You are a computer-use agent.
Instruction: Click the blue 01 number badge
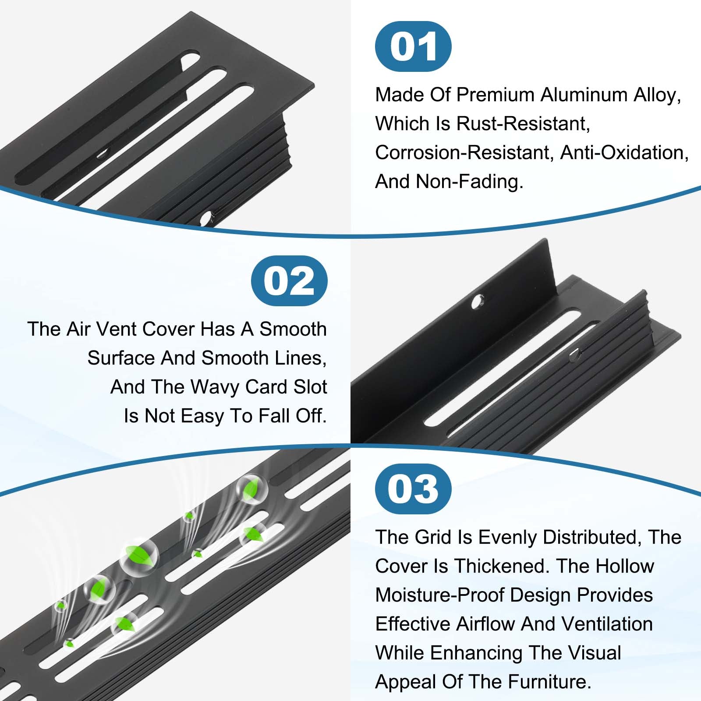pos(413,46)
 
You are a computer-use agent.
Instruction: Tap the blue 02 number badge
pos(289,281)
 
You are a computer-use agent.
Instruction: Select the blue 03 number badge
pos(413,489)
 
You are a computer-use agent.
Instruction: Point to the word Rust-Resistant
pos(523,124)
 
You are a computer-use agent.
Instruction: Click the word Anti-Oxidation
pos(624,153)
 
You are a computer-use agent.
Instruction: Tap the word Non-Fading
pos(469,181)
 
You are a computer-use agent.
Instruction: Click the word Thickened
pos(501,566)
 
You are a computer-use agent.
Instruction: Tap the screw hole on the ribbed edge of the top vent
pos(206,217)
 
